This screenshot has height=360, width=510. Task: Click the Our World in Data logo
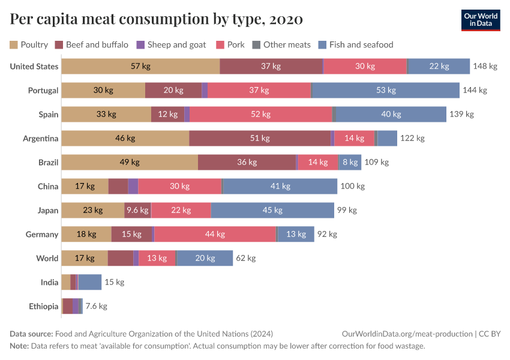tap(481, 20)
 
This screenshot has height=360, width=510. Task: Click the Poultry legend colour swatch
tap(14, 44)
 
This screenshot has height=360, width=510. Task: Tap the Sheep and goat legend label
tap(176, 44)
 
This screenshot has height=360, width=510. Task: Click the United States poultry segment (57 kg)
tap(140, 67)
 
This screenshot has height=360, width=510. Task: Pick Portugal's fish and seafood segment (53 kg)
tap(385, 91)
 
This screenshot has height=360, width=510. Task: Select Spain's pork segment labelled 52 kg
tap(261, 115)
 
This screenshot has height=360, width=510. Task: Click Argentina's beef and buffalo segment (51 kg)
tap(260, 139)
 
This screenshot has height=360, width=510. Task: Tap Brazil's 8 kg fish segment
tap(350, 163)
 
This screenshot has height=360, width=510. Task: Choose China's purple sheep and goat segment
tap(133, 187)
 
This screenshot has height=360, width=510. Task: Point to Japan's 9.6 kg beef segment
tap(137, 211)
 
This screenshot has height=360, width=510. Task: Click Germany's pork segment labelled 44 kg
tap(215, 235)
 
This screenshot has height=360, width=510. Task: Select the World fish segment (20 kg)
tap(205, 259)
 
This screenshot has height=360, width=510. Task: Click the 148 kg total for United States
tap(485, 67)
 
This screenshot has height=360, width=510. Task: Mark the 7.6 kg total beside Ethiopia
tap(96, 307)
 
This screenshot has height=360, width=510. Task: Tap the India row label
tap(49, 283)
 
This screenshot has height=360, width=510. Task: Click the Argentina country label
tap(40, 139)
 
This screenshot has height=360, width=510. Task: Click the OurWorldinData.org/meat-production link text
tap(406, 334)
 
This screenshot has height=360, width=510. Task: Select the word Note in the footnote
tap(20, 346)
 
